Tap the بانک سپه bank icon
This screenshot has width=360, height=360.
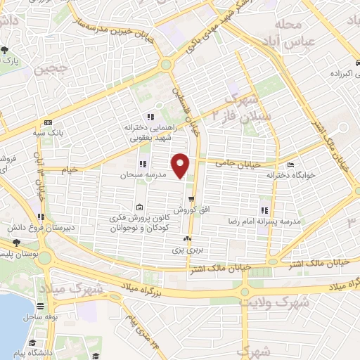(47, 122)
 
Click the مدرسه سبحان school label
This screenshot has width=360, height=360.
(141, 174)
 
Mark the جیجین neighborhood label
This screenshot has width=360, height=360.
(38, 69)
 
